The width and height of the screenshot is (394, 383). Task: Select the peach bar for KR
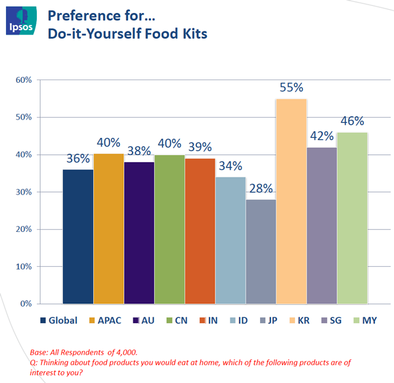coord(291,201)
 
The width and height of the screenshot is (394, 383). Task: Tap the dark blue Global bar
coord(77,237)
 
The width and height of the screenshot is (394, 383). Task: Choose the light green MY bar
coord(352,217)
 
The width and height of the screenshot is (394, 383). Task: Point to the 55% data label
coord(290,87)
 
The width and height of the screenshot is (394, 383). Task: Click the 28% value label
coord(260,189)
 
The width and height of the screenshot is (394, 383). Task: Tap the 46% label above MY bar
coord(352,122)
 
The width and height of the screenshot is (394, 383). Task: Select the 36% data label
coord(77,158)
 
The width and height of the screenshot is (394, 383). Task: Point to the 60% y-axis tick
coord(24,80)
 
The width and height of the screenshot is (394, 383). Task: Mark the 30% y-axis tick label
coord(24,192)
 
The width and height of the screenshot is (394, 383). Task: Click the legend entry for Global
coord(59,321)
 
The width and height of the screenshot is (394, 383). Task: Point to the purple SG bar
coord(322,225)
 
